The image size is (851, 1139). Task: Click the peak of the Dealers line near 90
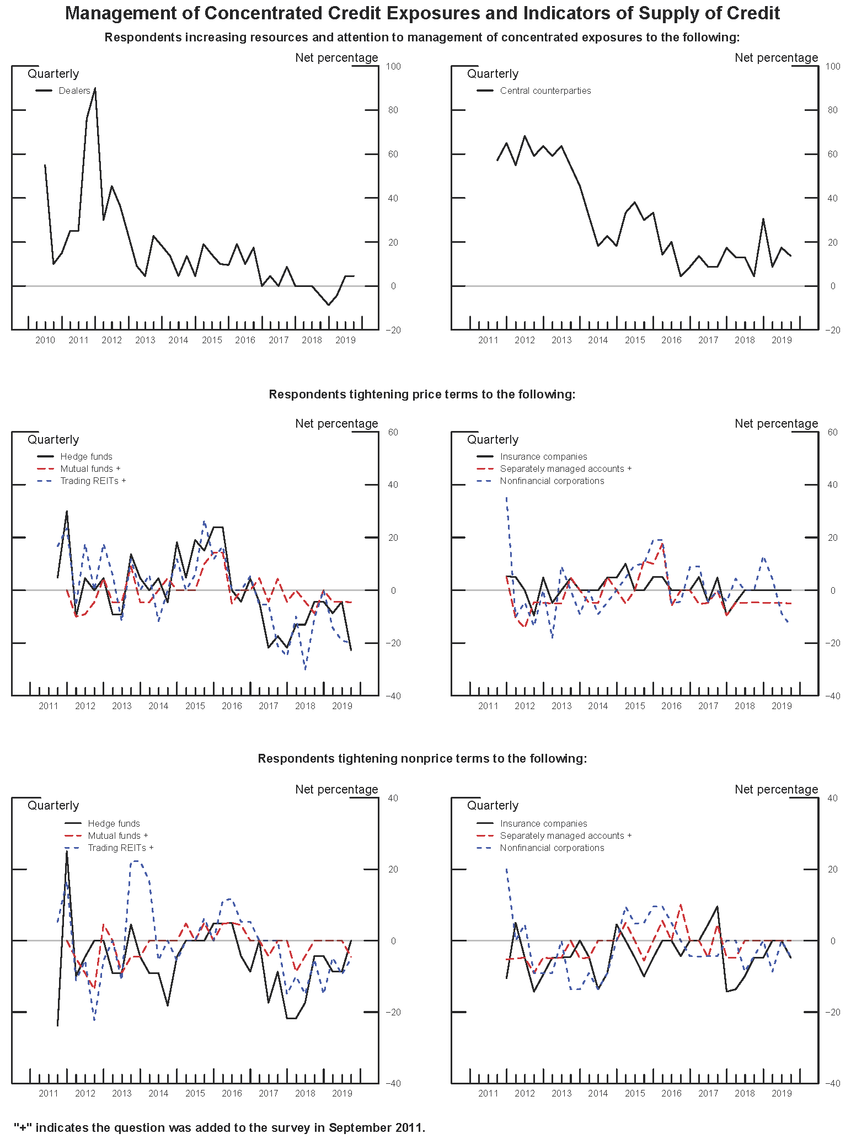click(x=95, y=88)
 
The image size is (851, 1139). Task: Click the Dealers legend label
click(x=74, y=91)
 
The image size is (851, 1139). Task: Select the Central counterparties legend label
click(x=545, y=91)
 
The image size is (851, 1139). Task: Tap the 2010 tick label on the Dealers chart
click(x=45, y=340)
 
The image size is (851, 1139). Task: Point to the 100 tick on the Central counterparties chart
click(x=833, y=66)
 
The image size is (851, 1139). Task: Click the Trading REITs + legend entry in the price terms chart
click(x=93, y=481)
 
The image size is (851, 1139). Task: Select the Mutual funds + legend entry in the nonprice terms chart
click(x=117, y=835)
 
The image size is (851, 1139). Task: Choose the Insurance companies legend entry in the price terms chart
click(x=543, y=456)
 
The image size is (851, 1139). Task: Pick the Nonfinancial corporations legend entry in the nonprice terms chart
click(x=552, y=848)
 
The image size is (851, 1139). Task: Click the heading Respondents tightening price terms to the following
click(x=422, y=394)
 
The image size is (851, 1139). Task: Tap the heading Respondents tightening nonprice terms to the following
click(x=422, y=758)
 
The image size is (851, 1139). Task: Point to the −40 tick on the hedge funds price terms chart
click(x=393, y=696)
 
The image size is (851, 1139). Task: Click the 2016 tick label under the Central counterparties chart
click(x=671, y=340)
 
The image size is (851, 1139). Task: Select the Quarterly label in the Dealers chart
click(x=53, y=73)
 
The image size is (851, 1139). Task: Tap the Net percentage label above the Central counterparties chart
click(x=776, y=57)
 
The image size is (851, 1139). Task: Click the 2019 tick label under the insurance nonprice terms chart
click(x=781, y=1093)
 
